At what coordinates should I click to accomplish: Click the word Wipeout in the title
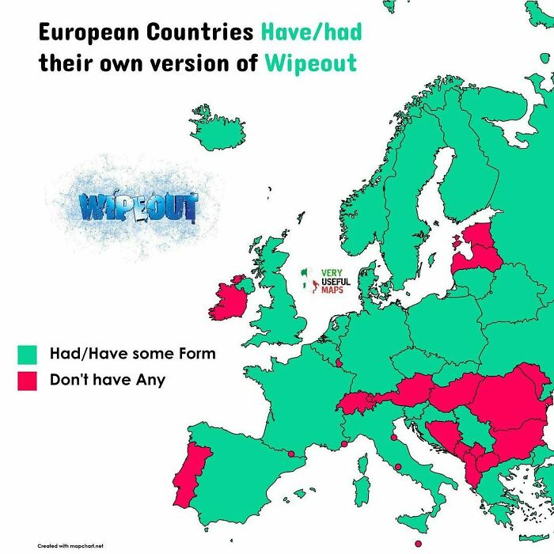pyautogui.click(x=311, y=63)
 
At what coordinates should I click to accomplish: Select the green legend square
pyautogui.click(x=28, y=354)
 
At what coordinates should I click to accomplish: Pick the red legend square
pyautogui.click(x=28, y=381)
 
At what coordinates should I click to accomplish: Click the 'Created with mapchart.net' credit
pyautogui.click(x=70, y=545)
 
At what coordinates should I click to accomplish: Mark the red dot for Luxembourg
pyautogui.click(x=340, y=363)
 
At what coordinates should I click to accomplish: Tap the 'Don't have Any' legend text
pyautogui.click(x=108, y=380)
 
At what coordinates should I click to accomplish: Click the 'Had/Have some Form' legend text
pyautogui.click(x=132, y=353)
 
